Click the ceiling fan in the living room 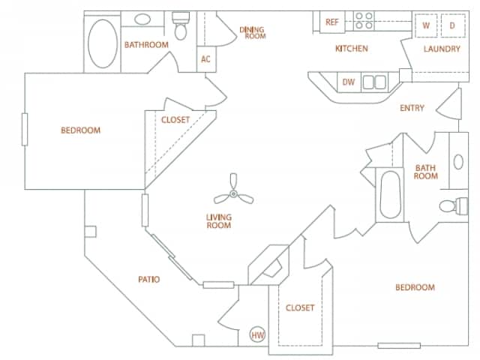pos(232,193)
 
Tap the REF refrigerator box pos(331,22)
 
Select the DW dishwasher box pos(348,82)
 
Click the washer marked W pos(426,25)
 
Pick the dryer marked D pos(452,25)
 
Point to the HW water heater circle pos(257,335)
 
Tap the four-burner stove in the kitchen pos(364,21)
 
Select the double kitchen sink pos(374,82)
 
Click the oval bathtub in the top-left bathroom pos(102,43)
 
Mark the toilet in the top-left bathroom pos(181,27)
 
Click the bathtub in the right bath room pos(391,195)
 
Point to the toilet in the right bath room pos(450,205)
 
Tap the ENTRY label pos(412,108)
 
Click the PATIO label pos(148,280)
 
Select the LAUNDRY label pos(441,49)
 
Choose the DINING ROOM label pos(252,33)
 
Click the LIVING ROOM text pos(219,221)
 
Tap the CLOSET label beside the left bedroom pos(175,119)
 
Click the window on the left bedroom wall pos(25,130)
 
